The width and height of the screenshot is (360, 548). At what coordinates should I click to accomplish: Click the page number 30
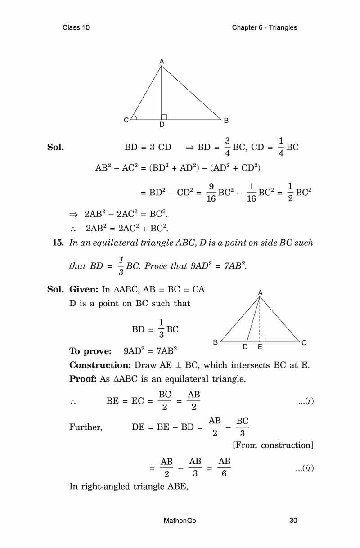coord(293,521)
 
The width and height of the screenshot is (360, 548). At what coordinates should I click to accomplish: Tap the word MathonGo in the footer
coord(180,521)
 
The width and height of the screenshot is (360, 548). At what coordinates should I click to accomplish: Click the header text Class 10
coord(76,27)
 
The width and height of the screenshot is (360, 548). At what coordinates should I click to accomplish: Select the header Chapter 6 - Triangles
coord(265,27)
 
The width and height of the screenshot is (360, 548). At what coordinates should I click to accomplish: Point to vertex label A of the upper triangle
coord(162,61)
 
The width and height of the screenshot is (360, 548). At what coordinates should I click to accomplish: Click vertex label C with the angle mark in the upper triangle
coord(126,120)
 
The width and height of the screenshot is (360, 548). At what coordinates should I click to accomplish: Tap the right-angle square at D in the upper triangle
coord(164,117)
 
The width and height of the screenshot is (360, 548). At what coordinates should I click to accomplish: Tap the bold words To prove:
coord(90,351)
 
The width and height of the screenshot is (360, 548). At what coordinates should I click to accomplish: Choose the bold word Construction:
coord(99,365)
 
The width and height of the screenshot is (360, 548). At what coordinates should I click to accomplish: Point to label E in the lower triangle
coord(260,348)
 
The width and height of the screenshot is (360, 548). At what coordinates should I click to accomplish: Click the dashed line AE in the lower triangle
coord(260,319)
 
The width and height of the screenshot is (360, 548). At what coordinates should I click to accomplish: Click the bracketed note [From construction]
coord(273,445)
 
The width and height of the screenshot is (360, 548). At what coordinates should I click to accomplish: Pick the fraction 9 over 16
coord(211,192)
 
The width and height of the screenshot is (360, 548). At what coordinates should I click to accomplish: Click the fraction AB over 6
coord(224,468)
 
